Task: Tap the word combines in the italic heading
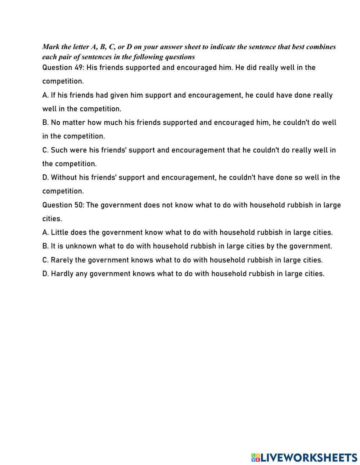(321, 47)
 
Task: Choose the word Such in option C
(59, 150)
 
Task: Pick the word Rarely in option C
(62, 260)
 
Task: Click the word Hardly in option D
(62, 274)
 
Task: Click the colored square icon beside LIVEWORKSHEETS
(255, 457)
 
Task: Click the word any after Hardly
(81, 274)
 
